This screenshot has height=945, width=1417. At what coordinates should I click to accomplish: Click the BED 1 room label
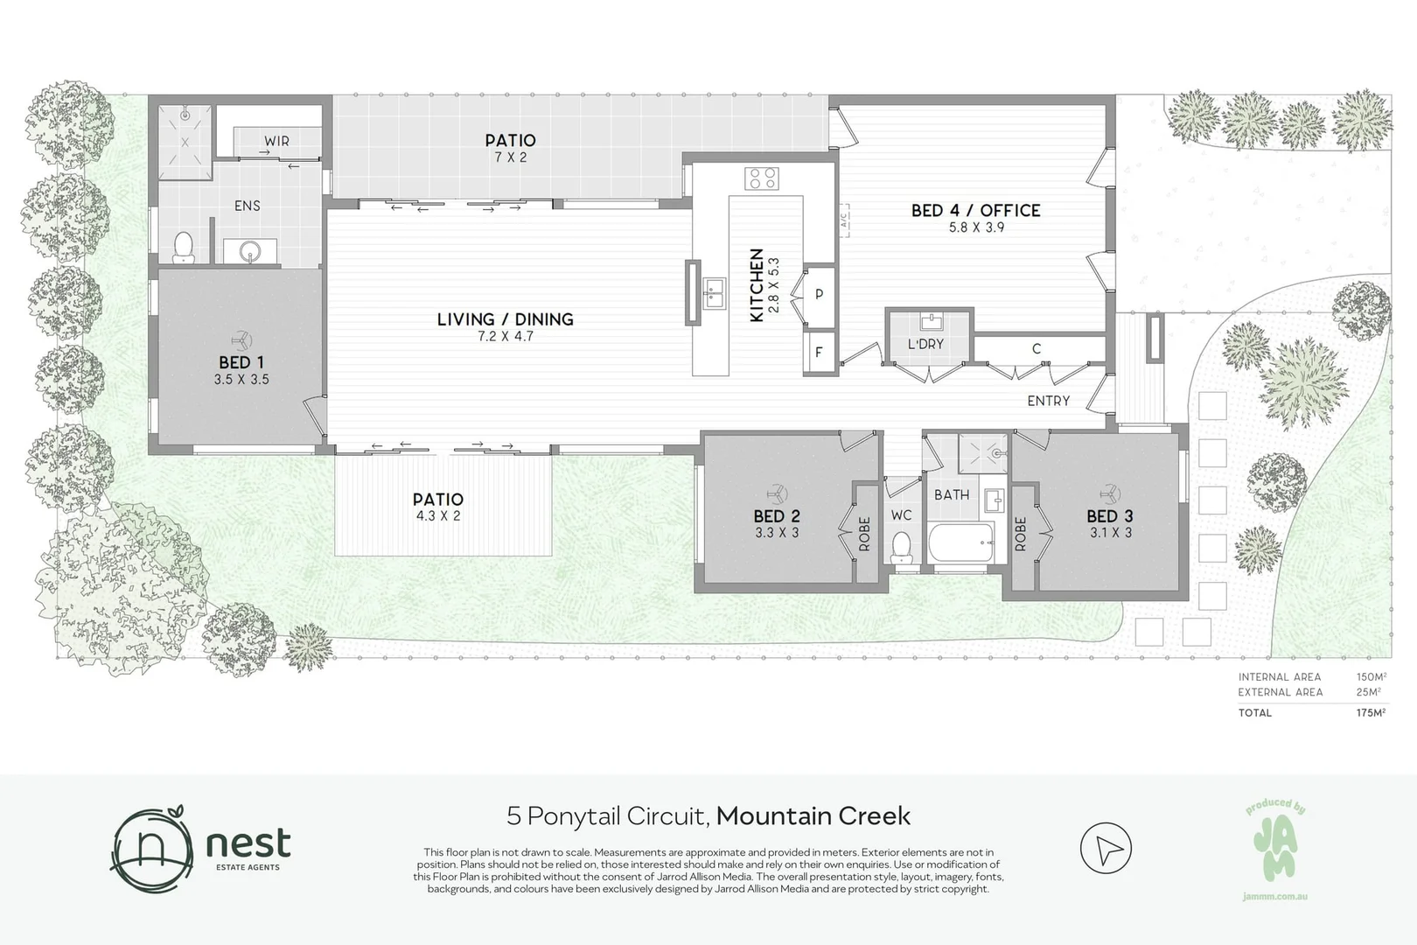coord(241,362)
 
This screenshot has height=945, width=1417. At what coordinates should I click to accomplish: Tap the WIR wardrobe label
coord(277,141)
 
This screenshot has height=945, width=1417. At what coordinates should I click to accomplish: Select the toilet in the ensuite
coord(183,248)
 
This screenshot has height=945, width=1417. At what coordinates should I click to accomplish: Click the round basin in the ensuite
coord(250,252)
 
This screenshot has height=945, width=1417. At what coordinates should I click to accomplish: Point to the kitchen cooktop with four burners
coord(762,178)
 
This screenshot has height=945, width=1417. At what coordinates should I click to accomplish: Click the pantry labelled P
coord(820,294)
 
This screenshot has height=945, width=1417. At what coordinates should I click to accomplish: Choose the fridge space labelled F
coord(820,353)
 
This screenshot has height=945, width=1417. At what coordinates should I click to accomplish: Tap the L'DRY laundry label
coord(925,345)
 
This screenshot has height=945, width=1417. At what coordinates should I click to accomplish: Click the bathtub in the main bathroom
coord(961,543)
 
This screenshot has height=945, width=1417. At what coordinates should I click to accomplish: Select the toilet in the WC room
coord(901,548)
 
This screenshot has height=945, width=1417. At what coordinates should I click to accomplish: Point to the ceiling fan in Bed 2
coord(777,493)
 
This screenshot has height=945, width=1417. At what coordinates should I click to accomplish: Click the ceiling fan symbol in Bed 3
coord(1110,493)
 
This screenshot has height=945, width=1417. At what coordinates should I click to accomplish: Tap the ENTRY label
coord(1048,401)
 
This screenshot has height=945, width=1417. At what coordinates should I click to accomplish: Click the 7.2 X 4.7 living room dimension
coord(506,337)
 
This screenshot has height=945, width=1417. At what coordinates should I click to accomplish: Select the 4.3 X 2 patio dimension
coord(438,516)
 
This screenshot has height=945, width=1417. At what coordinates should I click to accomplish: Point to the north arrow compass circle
coord(1106,848)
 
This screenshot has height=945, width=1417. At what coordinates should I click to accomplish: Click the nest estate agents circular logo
coord(152,849)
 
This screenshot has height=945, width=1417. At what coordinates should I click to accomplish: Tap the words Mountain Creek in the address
coord(813,816)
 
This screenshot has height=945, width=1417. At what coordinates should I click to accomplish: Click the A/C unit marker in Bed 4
coord(844,220)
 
